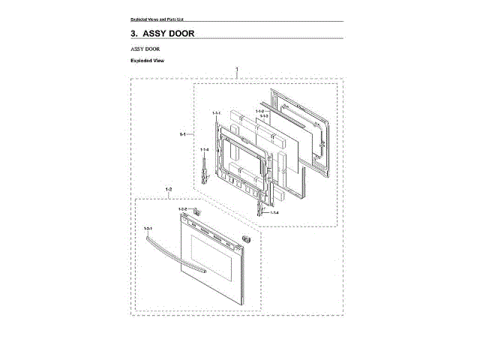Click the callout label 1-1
click(x=183, y=134)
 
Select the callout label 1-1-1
click(x=217, y=112)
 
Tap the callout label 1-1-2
click(x=259, y=111)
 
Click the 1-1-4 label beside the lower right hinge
click(x=274, y=214)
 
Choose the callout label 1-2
click(x=168, y=189)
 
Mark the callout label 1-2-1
click(x=148, y=227)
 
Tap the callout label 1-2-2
click(x=182, y=208)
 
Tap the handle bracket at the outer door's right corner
click(x=245, y=238)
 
